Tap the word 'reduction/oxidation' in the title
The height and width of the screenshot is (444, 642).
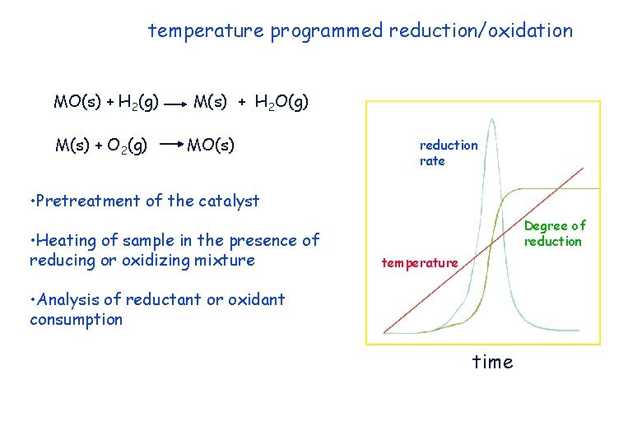481,31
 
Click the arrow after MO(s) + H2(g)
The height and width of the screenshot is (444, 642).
174,105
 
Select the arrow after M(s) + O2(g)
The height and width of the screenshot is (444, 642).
169,145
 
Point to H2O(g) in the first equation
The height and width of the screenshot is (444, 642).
281,103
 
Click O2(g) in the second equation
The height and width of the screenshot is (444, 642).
127,146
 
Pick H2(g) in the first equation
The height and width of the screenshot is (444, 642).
138,103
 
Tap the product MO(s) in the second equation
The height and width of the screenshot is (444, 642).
211,146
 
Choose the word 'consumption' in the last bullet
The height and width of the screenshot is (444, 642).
76,320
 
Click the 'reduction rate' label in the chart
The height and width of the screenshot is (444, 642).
448,153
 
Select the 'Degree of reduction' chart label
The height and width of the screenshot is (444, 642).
554,234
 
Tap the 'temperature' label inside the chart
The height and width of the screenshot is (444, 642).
419,263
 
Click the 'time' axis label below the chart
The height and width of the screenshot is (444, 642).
492,362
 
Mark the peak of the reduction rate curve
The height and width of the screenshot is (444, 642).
491,120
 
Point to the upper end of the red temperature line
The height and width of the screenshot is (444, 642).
583,169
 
